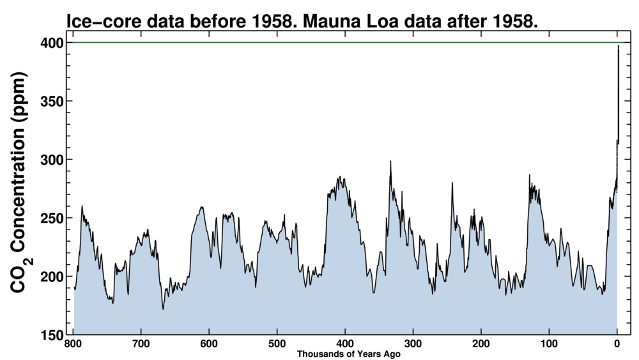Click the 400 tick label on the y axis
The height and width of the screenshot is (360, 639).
pos(52,43)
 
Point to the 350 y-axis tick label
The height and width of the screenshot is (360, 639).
pos(52,101)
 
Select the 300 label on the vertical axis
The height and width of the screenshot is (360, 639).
pos(52,160)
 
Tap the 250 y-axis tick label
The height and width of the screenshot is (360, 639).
pos(52,218)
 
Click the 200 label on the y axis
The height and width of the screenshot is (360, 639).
pos(52,276)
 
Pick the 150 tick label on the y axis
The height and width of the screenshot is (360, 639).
pos(52,335)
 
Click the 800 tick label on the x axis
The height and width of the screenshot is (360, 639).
pos(73,345)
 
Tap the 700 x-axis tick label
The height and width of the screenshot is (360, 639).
pos(141,345)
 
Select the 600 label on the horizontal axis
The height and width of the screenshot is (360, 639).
pos(209,345)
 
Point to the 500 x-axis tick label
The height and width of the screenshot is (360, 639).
pos(277,345)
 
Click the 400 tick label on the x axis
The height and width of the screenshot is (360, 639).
pos(345,345)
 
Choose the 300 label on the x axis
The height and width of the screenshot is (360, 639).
pos(413,345)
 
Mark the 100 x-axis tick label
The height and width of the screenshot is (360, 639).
pos(549,345)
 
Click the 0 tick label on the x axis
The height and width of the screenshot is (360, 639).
pos(617,345)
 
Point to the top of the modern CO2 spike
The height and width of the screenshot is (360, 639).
pos(618,46)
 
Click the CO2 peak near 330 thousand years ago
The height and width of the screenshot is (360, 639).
pos(390,162)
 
